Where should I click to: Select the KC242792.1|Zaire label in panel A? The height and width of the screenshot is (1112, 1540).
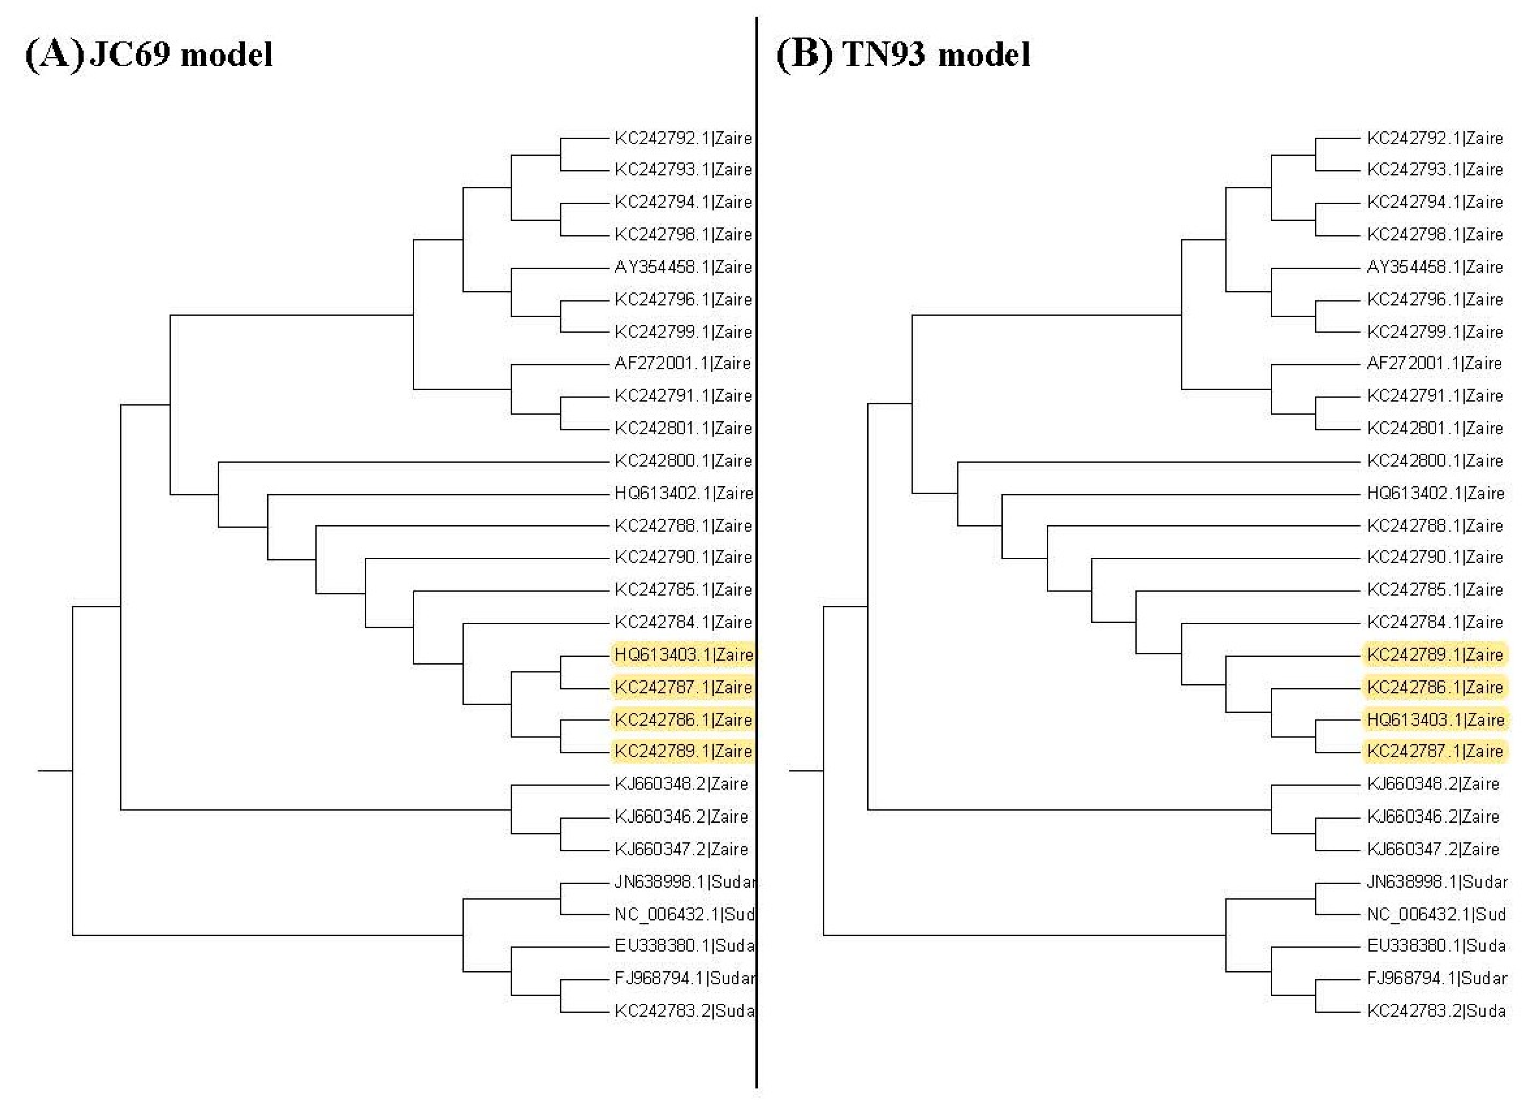(683, 138)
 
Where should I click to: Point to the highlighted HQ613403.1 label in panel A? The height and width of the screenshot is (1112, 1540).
(683, 655)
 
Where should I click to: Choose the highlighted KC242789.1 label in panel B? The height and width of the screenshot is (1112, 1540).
(1436, 655)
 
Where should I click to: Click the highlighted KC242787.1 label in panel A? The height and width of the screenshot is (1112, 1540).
(683, 688)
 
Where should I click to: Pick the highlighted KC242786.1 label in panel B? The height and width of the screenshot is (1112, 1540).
(1436, 688)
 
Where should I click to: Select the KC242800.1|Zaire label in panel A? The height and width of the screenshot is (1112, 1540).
(683, 461)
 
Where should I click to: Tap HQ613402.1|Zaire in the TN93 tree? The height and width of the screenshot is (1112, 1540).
(1436, 494)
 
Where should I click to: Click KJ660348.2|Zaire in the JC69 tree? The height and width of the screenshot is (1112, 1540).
(681, 784)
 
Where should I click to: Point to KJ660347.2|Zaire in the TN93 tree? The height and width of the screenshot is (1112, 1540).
(1433, 849)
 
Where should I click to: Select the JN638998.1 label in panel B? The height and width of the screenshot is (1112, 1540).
(1437, 882)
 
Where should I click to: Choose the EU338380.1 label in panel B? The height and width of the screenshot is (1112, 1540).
(1436, 946)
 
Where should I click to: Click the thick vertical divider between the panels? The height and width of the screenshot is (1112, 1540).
(756, 543)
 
